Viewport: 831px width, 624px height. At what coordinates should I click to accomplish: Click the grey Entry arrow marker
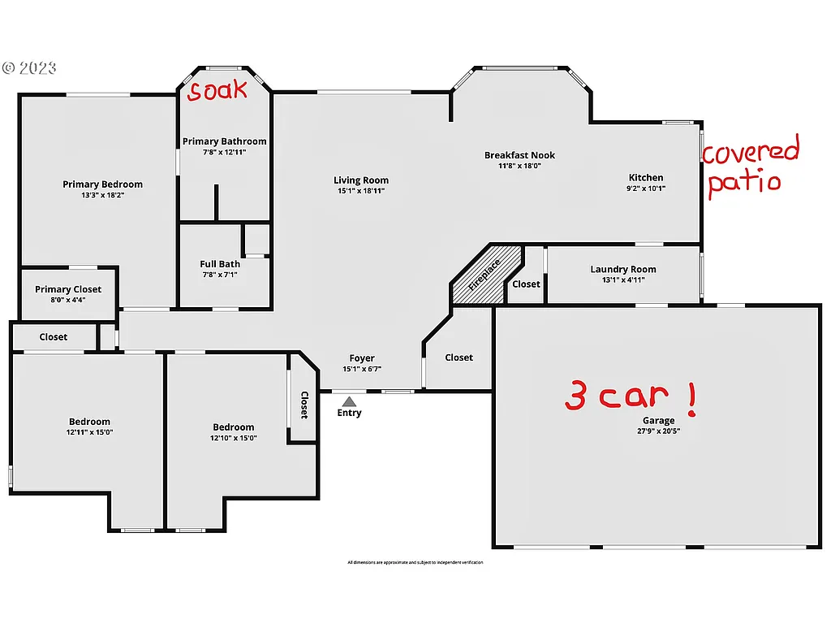[349, 401]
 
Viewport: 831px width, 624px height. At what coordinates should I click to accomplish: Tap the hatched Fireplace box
[484, 275]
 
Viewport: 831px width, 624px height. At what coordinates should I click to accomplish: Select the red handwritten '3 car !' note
[630, 396]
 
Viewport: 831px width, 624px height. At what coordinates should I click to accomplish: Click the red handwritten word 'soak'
[217, 90]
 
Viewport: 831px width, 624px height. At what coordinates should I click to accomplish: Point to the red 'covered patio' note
[749, 167]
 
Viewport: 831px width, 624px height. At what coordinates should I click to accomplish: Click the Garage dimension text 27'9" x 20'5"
[659, 431]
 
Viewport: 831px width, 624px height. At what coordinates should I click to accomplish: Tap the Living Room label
[361, 180]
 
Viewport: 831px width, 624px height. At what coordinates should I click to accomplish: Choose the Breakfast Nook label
[519, 155]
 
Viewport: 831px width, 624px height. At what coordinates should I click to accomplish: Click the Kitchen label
[646, 177]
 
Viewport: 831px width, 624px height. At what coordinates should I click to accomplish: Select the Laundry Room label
[623, 270]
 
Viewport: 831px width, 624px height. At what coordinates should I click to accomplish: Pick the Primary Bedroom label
[102, 184]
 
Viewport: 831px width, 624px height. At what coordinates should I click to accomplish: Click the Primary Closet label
[68, 289]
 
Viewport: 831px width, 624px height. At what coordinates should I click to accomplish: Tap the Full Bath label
[220, 264]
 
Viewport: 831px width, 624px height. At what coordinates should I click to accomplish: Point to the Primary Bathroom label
[224, 141]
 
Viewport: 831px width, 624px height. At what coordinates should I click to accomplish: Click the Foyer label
[362, 358]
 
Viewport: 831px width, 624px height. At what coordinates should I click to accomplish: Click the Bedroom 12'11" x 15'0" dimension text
[90, 432]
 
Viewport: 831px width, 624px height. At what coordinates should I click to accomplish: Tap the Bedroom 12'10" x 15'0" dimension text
[234, 438]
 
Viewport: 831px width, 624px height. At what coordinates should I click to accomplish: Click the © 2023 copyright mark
[29, 68]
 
